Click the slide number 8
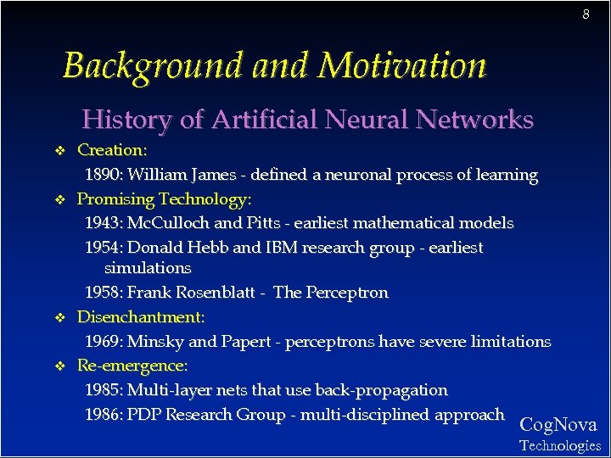tap(586, 14)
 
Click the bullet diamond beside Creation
tap(59, 151)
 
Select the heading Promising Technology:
tap(165, 200)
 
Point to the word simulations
tap(148, 268)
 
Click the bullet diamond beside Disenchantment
tap(59, 318)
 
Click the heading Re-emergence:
tap(132, 366)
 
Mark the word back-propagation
tap(381, 391)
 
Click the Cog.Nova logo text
tap(558, 425)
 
